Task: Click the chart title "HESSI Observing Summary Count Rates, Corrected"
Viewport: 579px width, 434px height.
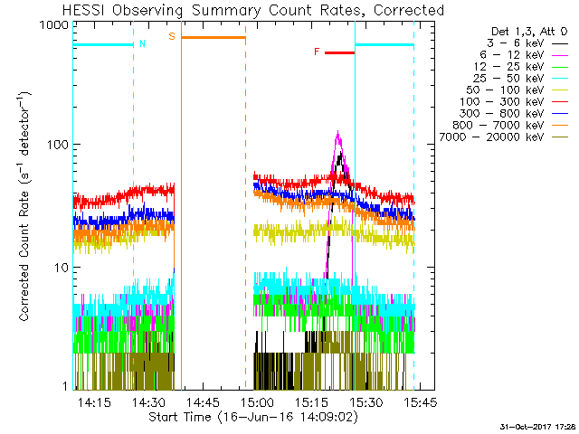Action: point(242,10)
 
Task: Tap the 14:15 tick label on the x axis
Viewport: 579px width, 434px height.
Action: point(94,401)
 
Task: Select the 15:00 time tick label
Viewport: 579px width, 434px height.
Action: point(257,401)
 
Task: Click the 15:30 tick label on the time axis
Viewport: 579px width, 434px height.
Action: point(364,401)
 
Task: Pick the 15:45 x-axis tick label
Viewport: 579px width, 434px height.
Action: point(419,401)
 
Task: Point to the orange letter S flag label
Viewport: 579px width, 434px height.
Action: point(172,37)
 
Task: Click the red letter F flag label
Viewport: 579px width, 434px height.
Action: point(317,52)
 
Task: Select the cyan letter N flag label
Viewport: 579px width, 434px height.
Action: point(141,44)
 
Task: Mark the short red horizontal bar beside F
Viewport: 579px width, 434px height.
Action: point(339,52)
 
